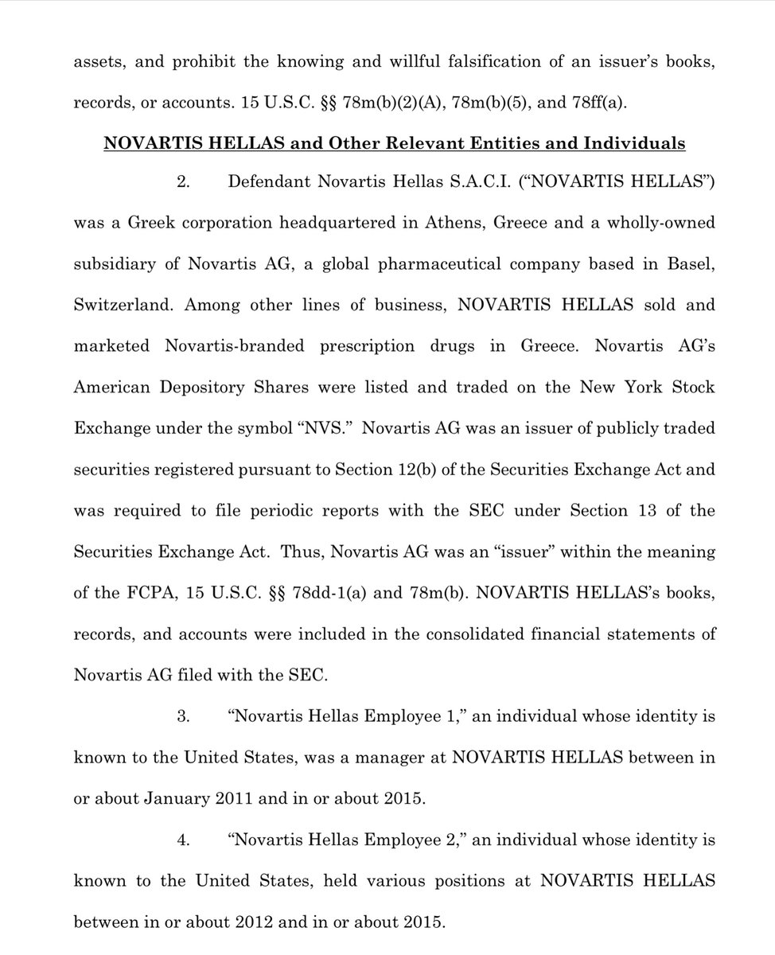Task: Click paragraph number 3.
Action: pos(181,715)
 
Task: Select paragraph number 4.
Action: pos(181,839)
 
